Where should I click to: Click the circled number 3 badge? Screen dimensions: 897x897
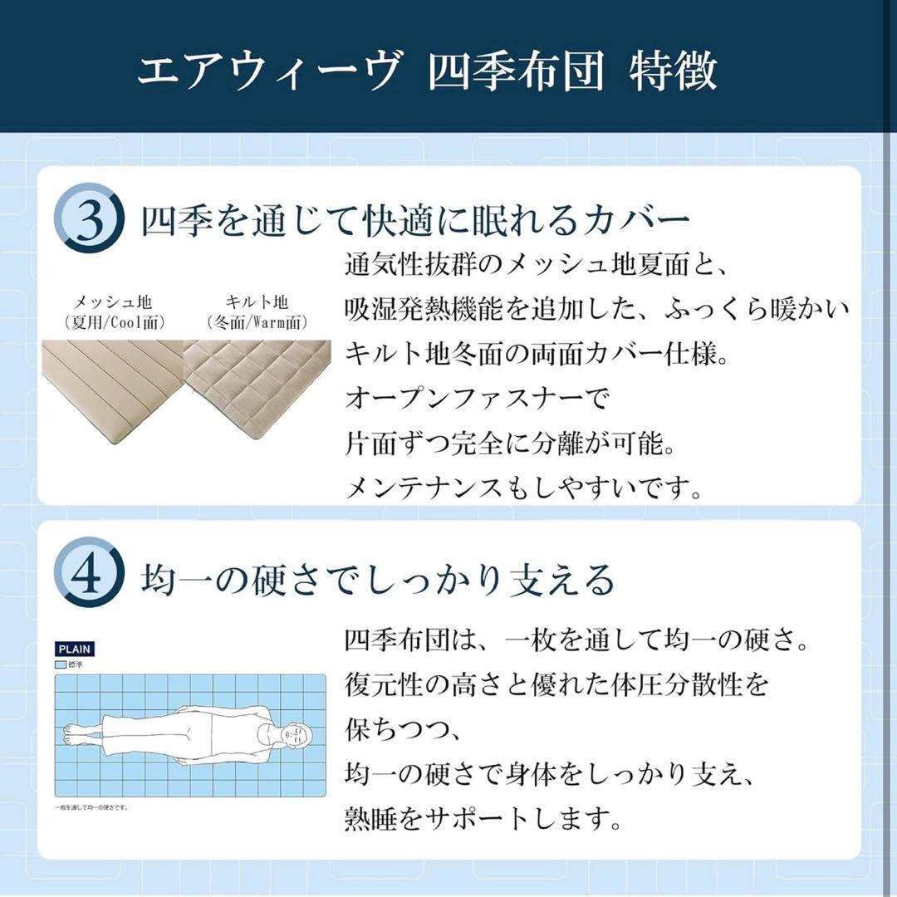[90, 218]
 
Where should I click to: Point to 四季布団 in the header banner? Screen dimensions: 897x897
[515, 72]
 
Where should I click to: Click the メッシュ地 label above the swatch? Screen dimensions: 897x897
[114, 302]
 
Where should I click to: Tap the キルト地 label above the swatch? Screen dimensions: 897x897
[257, 302]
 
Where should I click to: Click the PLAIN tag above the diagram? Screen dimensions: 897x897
[75, 649]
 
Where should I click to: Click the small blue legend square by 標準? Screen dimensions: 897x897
[61, 665]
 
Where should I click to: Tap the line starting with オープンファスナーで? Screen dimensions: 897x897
[477, 399]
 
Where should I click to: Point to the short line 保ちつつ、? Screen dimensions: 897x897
[401, 732]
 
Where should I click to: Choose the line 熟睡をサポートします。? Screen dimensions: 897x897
[483, 821]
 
